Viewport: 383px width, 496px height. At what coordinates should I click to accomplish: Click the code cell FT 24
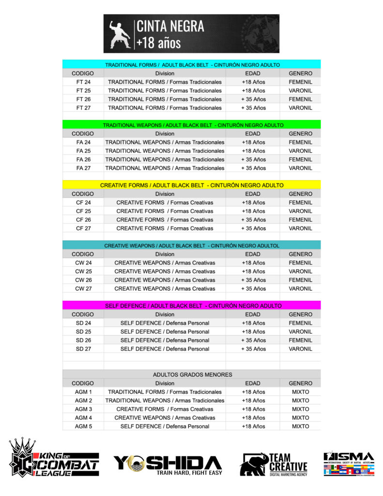(83, 82)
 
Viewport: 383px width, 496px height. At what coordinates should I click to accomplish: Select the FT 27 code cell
(83, 108)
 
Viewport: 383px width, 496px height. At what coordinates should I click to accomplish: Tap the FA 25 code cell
(83, 151)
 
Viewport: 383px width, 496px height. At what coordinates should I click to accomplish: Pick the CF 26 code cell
(83, 219)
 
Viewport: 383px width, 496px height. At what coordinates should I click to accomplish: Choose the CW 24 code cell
(83, 263)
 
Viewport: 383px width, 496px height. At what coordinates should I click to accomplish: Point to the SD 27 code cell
(83, 349)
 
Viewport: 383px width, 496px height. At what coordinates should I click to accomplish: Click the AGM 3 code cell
(83, 409)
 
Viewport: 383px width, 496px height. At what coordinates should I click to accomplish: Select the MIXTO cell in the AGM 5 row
(300, 426)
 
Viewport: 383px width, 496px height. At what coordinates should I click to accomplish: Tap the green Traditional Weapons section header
(192, 124)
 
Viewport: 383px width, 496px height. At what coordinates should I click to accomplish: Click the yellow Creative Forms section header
(192, 185)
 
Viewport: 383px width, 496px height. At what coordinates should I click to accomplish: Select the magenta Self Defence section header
(192, 306)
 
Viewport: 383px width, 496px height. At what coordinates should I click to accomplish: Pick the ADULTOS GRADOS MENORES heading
(192, 374)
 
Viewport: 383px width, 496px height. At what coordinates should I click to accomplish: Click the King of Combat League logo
(54, 459)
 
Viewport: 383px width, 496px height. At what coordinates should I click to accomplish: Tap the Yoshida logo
(168, 464)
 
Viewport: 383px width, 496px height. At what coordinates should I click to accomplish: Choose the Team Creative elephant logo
(274, 464)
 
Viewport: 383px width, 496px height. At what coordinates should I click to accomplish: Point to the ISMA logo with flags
(349, 464)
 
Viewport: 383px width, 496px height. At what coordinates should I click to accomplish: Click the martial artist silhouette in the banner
(119, 34)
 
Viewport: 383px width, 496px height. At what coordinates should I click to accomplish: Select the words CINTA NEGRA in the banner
(170, 26)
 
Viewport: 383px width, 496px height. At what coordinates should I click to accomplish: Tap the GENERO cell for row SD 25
(300, 332)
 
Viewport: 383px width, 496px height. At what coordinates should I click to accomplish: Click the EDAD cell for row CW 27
(253, 289)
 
